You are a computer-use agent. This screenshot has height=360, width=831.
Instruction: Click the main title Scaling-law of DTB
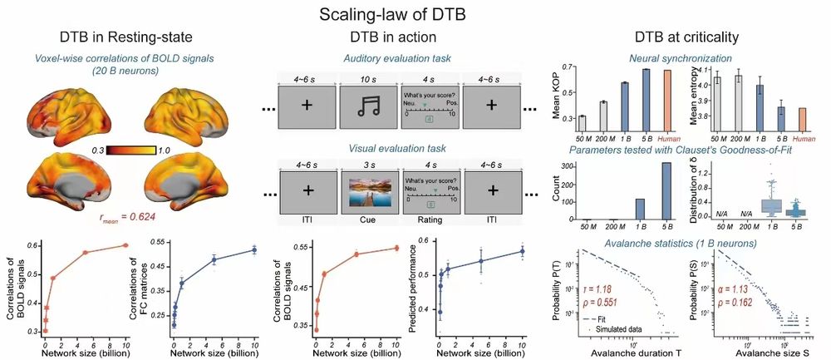click(415, 14)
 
